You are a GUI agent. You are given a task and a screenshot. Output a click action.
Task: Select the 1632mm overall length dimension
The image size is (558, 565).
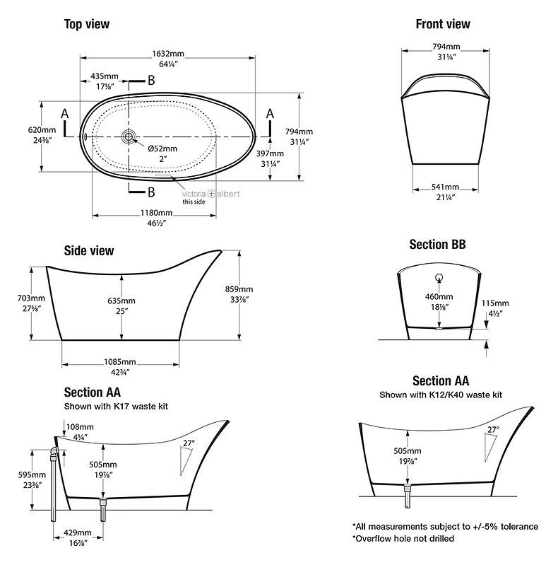(x=168, y=52)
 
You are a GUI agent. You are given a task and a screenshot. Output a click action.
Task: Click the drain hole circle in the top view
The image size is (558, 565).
(x=129, y=134)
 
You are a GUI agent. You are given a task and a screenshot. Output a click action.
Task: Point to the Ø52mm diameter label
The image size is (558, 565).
(x=162, y=148)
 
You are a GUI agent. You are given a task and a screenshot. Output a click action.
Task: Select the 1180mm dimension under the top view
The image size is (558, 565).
(x=155, y=213)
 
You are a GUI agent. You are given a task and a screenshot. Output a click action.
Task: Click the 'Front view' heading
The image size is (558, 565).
(x=442, y=25)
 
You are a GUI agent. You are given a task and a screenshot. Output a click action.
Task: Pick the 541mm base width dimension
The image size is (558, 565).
(x=445, y=187)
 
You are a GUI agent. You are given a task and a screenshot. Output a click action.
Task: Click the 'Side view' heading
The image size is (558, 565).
(x=88, y=250)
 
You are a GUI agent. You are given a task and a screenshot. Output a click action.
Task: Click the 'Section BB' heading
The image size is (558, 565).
(x=437, y=245)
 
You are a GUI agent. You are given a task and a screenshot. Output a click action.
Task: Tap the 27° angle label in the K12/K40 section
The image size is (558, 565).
(x=492, y=429)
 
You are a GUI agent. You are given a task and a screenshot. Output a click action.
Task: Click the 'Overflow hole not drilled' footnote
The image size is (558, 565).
(x=403, y=538)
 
